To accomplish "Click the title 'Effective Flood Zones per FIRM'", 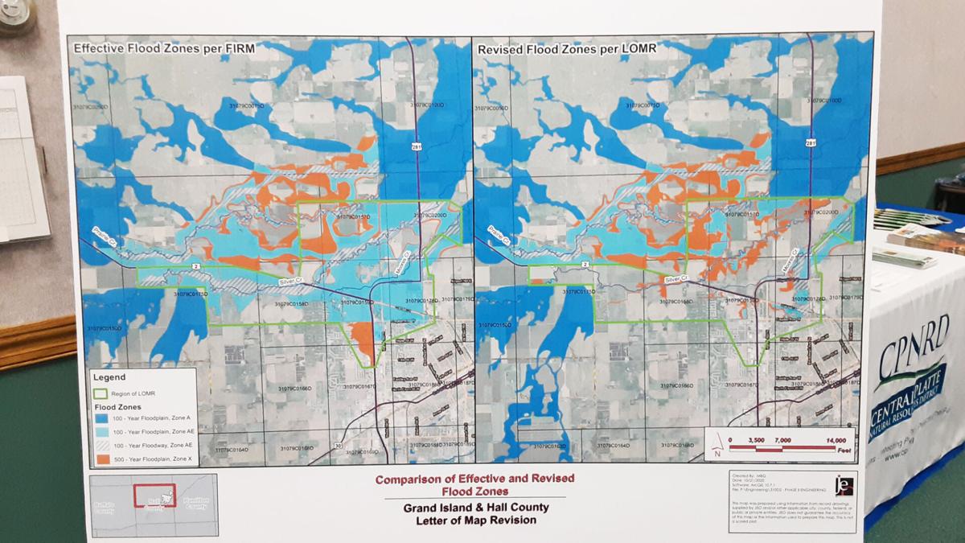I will tap(164, 48).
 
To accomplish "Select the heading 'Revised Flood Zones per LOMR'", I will tap(567, 49).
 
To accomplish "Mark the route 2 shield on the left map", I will tap(195, 266).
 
